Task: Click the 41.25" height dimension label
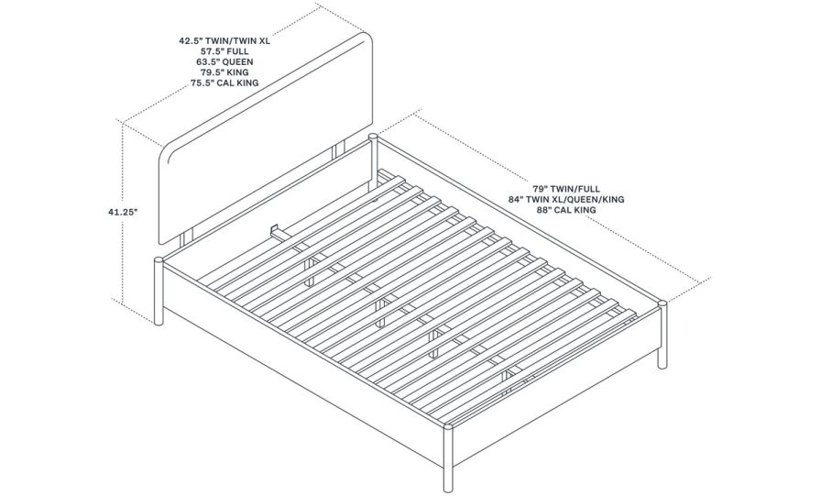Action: click(121, 212)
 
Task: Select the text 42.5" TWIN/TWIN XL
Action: click(224, 41)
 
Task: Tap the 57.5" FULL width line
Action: click(224, 51)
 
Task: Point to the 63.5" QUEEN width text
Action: click(224, 62)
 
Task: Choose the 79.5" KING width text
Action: click(224, 72)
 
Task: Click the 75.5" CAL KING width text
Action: click(224, 83)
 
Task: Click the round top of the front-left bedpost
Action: click(159, 260)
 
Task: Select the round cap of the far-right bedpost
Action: click(662, 302)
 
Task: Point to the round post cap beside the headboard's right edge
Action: click(373, 137)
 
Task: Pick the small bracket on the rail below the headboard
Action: click(276, 226)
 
